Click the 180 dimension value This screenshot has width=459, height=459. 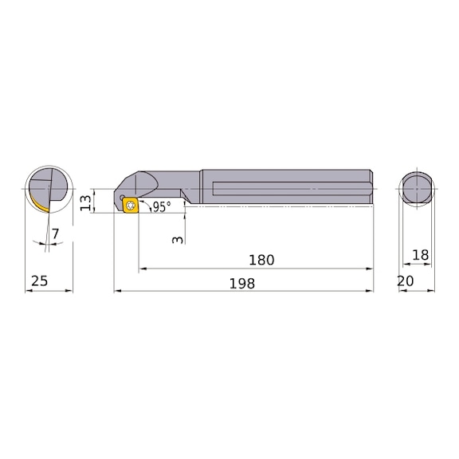[x=261, y=260]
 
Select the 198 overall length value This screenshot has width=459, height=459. [x=242, y=284]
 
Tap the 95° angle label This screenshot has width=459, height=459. [x=162, y=207]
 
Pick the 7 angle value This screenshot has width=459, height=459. [x=55, y=234]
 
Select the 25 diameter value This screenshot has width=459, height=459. [x=39, y=281]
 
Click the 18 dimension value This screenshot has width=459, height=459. [x=421, y=255]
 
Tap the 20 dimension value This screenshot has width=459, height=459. [x=405, y=281]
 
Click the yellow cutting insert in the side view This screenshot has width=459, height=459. [x=130, y=205]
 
